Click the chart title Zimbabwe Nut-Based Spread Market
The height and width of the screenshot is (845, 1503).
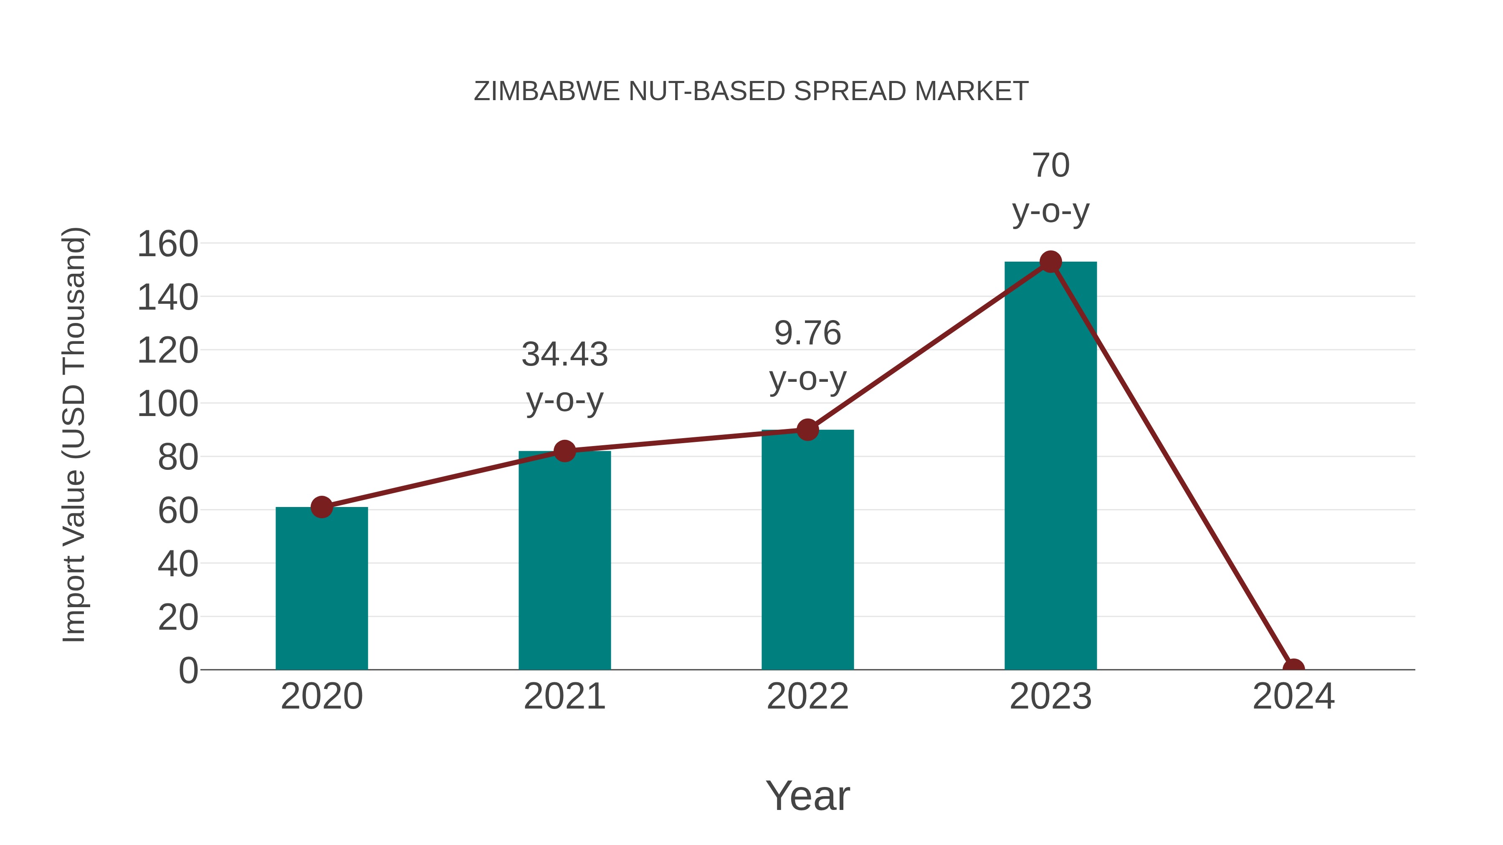tap(751, 91)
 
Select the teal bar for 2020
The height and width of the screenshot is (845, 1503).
tap(321, 589)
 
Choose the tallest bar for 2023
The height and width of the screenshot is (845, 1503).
tap(1050, 467)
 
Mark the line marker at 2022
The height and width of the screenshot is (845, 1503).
tap(807, 430)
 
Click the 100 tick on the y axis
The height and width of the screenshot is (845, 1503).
tap(167, 404)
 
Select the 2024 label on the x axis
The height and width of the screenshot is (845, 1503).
tap(1293, 696)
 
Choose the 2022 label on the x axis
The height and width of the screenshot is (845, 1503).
tap(807, 696)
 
